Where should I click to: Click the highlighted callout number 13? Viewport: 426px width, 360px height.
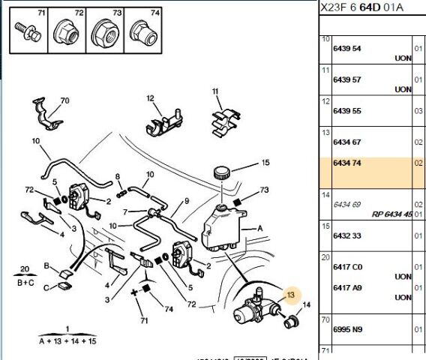290,295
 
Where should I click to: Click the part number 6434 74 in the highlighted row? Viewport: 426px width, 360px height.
346,163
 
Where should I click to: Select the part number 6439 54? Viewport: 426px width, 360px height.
346,48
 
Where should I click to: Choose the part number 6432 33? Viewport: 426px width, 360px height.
346,235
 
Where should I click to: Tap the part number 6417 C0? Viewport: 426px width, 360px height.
346,266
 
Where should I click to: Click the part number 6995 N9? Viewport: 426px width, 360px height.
346,329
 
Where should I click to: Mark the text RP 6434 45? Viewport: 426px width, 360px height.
391,214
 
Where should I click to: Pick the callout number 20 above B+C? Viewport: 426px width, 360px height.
25,268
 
